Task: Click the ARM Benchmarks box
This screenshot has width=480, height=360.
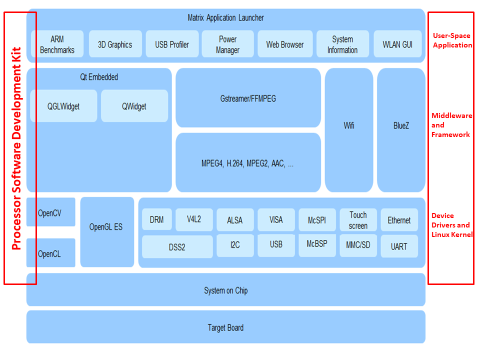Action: tap(57, 44)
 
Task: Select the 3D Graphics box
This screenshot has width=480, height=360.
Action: tap(114, 44)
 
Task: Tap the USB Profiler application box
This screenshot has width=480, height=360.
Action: tap(172, 44)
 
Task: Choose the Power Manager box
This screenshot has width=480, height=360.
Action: tap(228, 44)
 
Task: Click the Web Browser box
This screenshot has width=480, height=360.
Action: tap(285, 44)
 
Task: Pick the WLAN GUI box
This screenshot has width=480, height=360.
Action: tap(397, 44)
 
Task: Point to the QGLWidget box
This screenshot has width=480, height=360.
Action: tap(63, 106)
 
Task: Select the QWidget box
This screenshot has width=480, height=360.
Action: tap(134, 106)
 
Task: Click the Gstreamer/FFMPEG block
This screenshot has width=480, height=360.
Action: tap(248, 98)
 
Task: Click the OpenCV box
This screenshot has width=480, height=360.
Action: tap(50, 212)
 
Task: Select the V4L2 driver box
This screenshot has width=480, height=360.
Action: tap(193, 219)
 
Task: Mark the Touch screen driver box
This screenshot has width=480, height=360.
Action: tap(358, 220)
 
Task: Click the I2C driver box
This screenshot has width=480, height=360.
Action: tap(235, 245)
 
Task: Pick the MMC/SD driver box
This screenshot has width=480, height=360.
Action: tap(358, 245)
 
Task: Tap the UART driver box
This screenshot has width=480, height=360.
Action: tap(399, 246)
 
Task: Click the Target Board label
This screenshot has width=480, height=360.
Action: tap(225, 327)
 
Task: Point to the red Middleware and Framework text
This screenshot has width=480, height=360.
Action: tap(451, 125)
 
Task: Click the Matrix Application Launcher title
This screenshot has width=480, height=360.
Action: tap(225, 18)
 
